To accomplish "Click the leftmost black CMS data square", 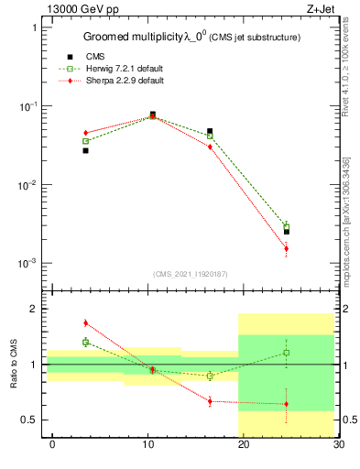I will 85,150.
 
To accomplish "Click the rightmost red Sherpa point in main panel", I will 286,248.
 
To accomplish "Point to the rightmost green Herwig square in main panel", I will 286,226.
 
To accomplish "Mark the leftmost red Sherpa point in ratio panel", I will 85,322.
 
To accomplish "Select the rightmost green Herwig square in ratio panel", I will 286,353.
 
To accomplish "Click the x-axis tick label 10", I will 147,445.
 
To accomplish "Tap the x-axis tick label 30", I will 338,445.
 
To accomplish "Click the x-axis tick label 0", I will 52,445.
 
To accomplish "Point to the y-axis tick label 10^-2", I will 27,185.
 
